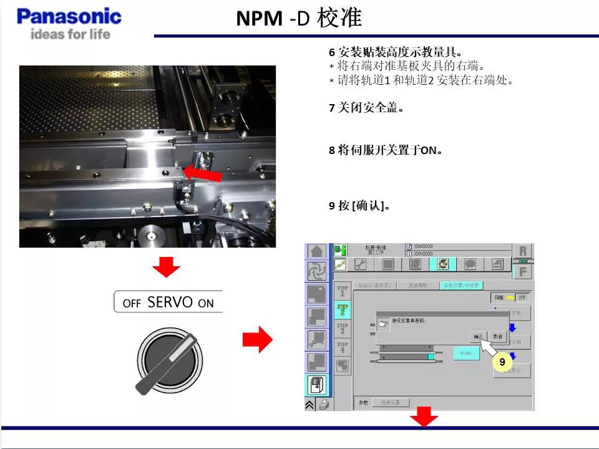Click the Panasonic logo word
click(x=69, y=16)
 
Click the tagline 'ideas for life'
click(x=70, y=34)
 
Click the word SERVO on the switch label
click(x=170, y=302)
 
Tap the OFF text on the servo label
click(x=132, y=304)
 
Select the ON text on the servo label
click(x=206, y=304)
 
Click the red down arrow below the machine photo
click(x=166, y=268)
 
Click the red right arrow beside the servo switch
click(x=257, y=340)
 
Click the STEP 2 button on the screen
click(x=343, y=309)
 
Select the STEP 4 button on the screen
click(x=343, y=347)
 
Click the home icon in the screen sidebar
click(x=316, y=251)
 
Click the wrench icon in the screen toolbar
click(x=360, y=264)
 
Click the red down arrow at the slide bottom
click(x=424, y=418)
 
